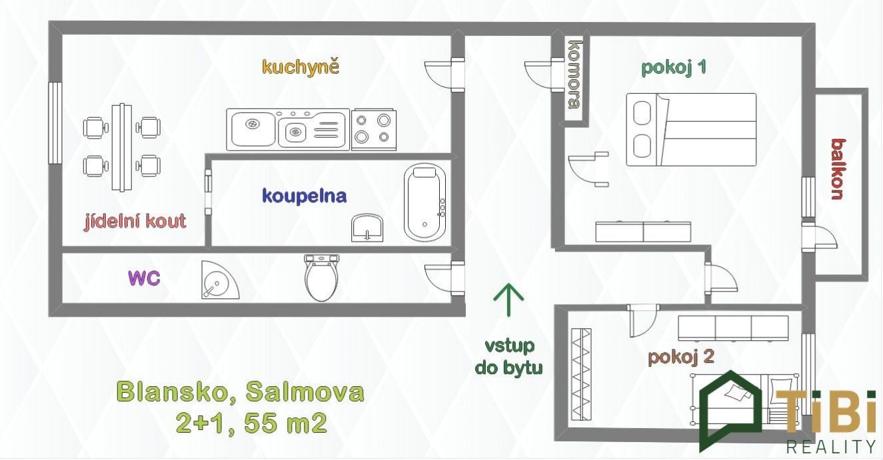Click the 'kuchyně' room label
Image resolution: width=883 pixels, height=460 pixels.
[301, 67]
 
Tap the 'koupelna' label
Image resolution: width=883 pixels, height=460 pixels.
[304, 196]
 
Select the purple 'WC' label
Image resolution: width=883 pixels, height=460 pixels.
[144, 278]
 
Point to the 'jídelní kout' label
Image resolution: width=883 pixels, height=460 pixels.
[135, 221]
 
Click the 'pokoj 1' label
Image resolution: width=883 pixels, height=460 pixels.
[674, 68]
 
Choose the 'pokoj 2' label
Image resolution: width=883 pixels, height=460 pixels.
[681, 357]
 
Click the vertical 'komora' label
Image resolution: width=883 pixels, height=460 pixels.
[574, 74]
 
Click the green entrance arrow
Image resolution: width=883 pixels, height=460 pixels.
[508, 300]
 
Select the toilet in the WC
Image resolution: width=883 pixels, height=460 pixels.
[322, 277]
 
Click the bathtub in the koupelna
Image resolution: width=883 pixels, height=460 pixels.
[425, 202]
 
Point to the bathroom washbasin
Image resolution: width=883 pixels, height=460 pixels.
[367, 228]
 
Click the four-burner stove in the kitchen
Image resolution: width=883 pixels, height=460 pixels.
[374, 130]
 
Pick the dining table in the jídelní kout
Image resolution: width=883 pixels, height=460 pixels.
[121, 147]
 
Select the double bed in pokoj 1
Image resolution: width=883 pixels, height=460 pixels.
[691, 130]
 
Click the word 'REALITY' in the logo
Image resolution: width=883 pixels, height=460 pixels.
[831, 447]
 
